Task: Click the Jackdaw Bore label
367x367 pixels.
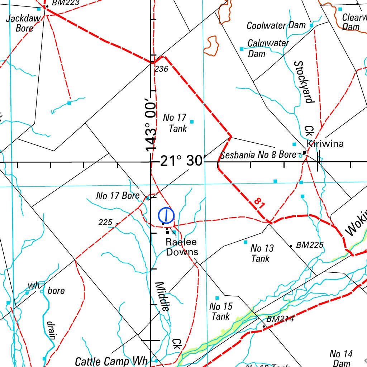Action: click(24, 23)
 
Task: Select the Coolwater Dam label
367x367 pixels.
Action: click(276, 26)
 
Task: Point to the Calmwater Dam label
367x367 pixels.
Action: click(268, 48)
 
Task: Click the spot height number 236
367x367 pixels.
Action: click(161, 69)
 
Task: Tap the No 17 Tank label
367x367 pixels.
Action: click(175, 123)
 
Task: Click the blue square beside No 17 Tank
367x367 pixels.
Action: click(192, 122)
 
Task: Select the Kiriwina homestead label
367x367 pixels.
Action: click(325, 144)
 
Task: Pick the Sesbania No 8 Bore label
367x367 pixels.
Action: click(258, 155)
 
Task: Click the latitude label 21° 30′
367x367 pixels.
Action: click(181, 161)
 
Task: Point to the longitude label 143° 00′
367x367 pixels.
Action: click(151, 128)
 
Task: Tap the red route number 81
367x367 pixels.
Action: click(259, 204)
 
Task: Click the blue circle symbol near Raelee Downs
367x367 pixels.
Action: click(166, 216)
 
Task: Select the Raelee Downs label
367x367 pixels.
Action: click(182, 247)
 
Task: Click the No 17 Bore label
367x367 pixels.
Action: click(118, 196)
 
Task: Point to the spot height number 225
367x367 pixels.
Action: click(105, 223)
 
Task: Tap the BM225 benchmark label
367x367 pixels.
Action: click(310, 245)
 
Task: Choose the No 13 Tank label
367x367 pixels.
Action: click(262, 253)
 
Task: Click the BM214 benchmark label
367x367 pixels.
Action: click(280, 319)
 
